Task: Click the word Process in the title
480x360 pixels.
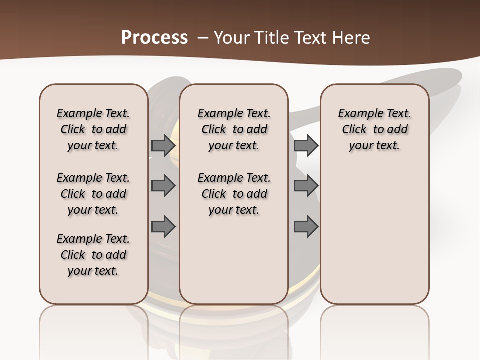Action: point(154,37)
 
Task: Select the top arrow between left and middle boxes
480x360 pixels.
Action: point(163,146)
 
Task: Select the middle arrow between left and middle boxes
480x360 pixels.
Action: point(163,186)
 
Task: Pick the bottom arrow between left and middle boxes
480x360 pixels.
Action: point(163,226)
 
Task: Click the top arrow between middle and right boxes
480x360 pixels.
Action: point(306,146)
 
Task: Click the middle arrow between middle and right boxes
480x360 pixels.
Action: point(306,186)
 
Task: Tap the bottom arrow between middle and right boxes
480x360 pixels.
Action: point(306,226)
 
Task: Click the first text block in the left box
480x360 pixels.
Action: point(93,130)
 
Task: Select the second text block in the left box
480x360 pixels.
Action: point(93,194)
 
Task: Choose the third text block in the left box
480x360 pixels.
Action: point(93,255)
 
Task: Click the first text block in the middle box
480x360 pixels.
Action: point(234,130)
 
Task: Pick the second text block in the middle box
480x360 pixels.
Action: point(234,194)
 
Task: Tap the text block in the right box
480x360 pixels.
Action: point(375,130)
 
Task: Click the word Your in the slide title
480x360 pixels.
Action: point(230,38)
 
